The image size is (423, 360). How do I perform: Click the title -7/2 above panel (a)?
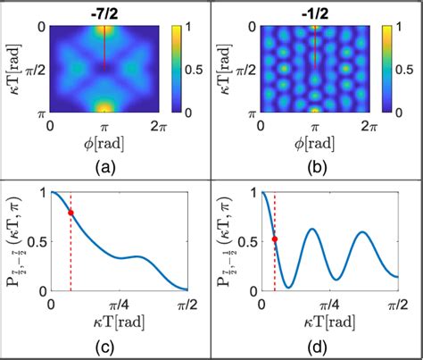104,10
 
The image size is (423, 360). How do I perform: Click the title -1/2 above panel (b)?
315,10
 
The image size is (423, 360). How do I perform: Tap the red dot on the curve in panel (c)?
70,213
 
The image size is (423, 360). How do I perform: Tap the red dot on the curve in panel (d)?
275,239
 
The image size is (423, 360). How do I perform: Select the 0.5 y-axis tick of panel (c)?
37,241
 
